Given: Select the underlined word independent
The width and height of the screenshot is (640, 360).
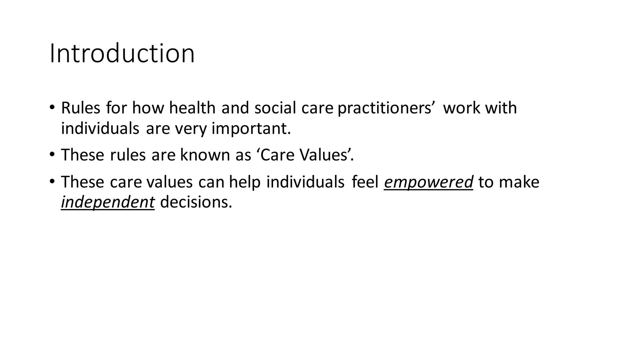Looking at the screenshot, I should [x=108, y=202].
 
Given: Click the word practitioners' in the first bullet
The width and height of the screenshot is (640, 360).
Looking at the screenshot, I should [x=386, y=108].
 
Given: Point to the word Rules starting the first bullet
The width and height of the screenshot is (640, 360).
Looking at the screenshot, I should [x=81, y=108].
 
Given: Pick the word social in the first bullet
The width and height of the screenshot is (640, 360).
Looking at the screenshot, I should [x=275, y=108].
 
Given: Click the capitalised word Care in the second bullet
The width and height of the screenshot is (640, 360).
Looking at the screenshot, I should [x=276, y=155].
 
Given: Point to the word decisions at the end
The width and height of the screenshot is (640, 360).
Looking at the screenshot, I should [x=196, y=202].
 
